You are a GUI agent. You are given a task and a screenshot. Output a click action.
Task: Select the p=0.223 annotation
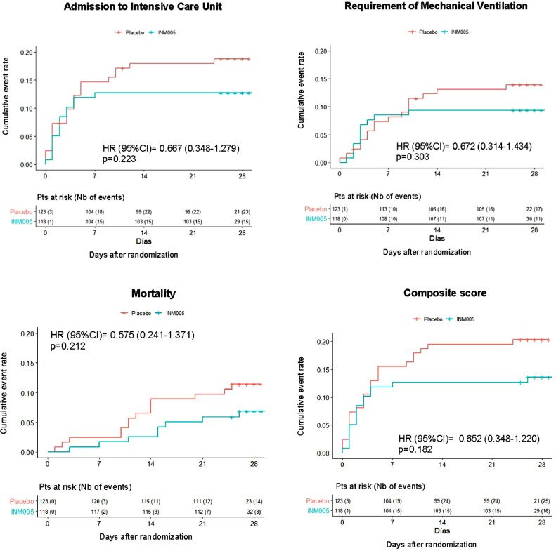pyautogui.click(x=120, y=159)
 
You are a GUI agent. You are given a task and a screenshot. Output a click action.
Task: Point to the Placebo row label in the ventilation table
pyautogui.click(x=317, y=208)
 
